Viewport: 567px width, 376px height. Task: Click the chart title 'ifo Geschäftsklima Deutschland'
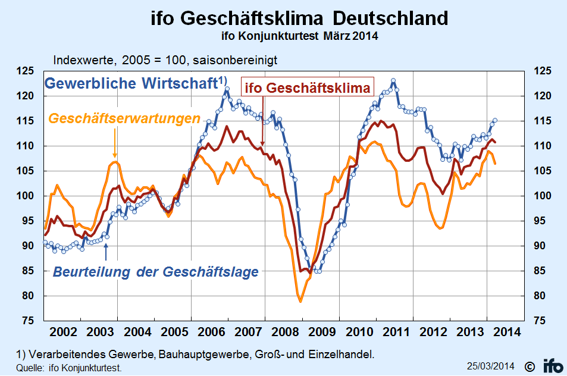pos(299,18)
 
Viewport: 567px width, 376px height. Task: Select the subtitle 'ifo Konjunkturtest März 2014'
pos(299,36)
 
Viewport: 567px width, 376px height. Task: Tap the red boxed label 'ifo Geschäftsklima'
pos(308,88)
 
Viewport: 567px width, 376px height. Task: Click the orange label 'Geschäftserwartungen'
pos(124,118)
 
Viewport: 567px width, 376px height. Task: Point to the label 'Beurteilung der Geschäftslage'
pos(156,272)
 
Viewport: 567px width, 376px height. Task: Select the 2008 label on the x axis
pos(284,331)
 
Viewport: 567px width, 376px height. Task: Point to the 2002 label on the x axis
pos(62,331)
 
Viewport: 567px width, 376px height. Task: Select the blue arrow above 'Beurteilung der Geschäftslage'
pos(106,251)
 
